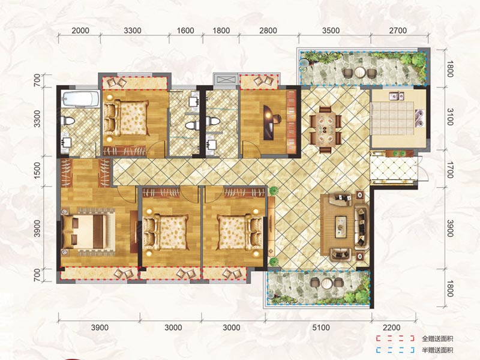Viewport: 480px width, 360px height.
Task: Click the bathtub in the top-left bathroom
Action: click(x=80, y=98)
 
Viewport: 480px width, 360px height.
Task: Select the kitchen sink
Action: click(x=396, y=96)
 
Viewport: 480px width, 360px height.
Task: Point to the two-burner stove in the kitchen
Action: click(x=419, y=118)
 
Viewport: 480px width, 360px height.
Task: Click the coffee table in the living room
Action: click(x=341, y=227)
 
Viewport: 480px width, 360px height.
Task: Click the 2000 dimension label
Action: click(x=80, y=31)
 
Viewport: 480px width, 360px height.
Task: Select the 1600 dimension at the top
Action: click(x=185, y=31)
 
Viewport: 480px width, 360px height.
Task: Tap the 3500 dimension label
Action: click(x=331, y=31)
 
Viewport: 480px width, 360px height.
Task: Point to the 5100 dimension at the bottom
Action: click(x=321, y=328)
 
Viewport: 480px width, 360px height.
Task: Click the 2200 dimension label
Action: click(x=392, y=328)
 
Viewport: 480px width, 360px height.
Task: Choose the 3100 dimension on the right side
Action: click(x=449, y=116)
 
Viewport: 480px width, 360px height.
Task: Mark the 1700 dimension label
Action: click(x=449, y=170)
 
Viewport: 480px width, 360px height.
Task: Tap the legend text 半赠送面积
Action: click(x=437, y=350)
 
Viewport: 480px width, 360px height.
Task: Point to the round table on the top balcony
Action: click(x=360, y=73)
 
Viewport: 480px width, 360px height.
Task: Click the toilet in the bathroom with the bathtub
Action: click(x=68, y=121)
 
